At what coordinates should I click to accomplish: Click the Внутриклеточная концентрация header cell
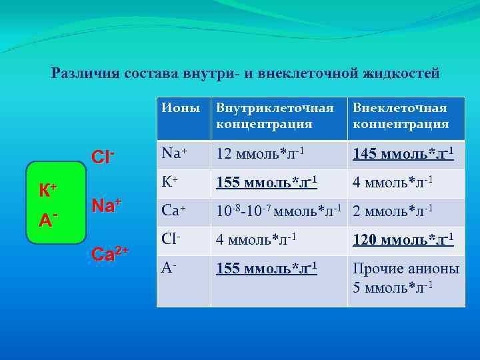click(274, 115)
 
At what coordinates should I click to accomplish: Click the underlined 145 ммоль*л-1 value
click(403, 154)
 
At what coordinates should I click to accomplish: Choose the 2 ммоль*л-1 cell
click(394, 211)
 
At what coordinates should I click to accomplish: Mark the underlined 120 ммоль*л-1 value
click(403, 240)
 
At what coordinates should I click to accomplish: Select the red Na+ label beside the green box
click(106, 205)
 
